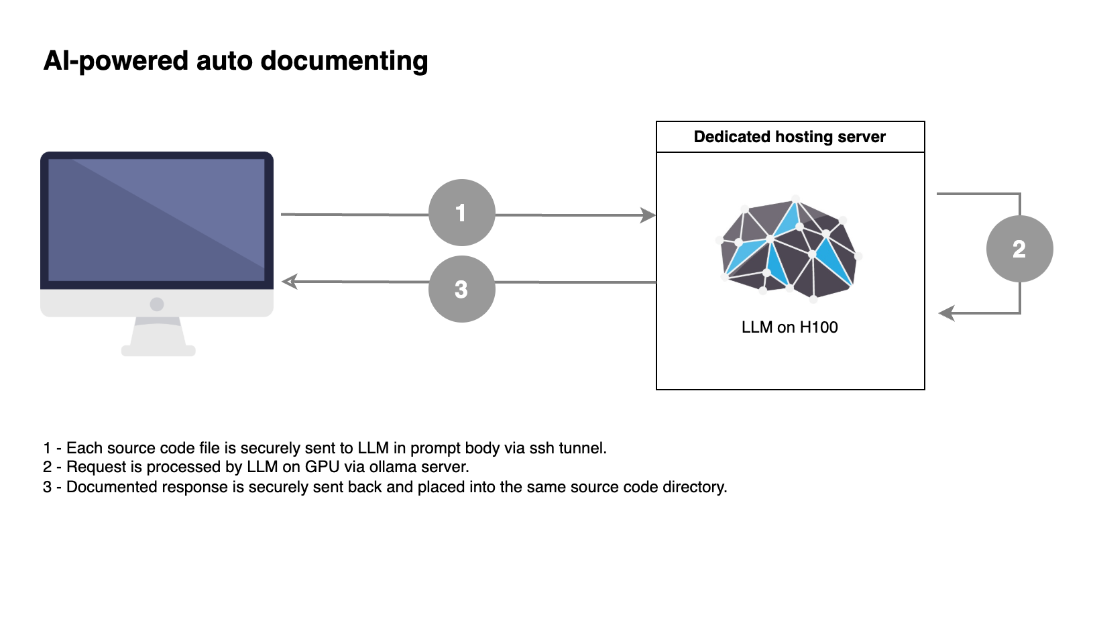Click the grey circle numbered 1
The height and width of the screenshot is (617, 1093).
pyautogui.click(x=461, y=213)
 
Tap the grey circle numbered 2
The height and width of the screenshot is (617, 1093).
pyautogui.click(x=1019, y=249)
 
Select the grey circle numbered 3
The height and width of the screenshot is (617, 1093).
pyautogui.click(x=461, y=289)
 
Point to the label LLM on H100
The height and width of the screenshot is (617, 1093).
pyautogui.click(x=789, y=327)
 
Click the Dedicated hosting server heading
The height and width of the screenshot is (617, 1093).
pyautogui.click(x=789, y=137)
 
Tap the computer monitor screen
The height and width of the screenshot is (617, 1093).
pyautogui.click(x=157, y=219)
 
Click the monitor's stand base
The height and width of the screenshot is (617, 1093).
pyautogui.click(x=158, y=350)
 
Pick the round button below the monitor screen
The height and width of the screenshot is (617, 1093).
pyautogui.click(x=157, y=304)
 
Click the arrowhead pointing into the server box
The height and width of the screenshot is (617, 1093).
pyautogui.click(x=648, y=215)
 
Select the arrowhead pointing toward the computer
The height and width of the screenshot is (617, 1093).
pyautogui.click(x=290, y=282)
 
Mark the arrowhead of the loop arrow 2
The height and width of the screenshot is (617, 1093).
pyautogui.click(x=946, y=313)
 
